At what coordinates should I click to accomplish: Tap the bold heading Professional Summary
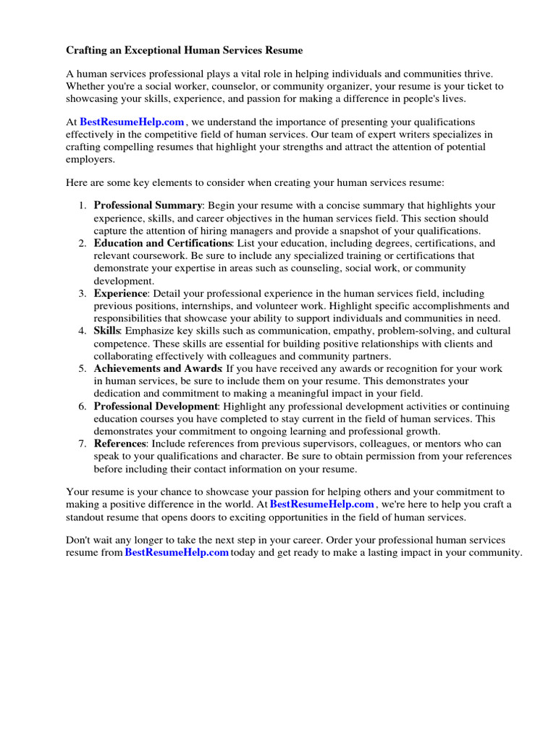point(148,206)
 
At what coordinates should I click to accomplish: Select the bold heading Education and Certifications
point(162,243)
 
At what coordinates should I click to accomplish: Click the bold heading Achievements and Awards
point(157,368)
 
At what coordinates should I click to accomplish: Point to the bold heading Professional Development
point(156,406)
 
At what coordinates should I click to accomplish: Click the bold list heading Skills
point(107,331)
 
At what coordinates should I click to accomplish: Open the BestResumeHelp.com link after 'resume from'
point(177,552)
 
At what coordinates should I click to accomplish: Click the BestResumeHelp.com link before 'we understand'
point(132,122)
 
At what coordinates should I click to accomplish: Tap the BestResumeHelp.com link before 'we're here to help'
point(322,504)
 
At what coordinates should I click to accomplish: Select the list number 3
point(82,293)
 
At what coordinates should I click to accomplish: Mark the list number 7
point(82,444)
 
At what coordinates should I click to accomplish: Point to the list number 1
point(82,206)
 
